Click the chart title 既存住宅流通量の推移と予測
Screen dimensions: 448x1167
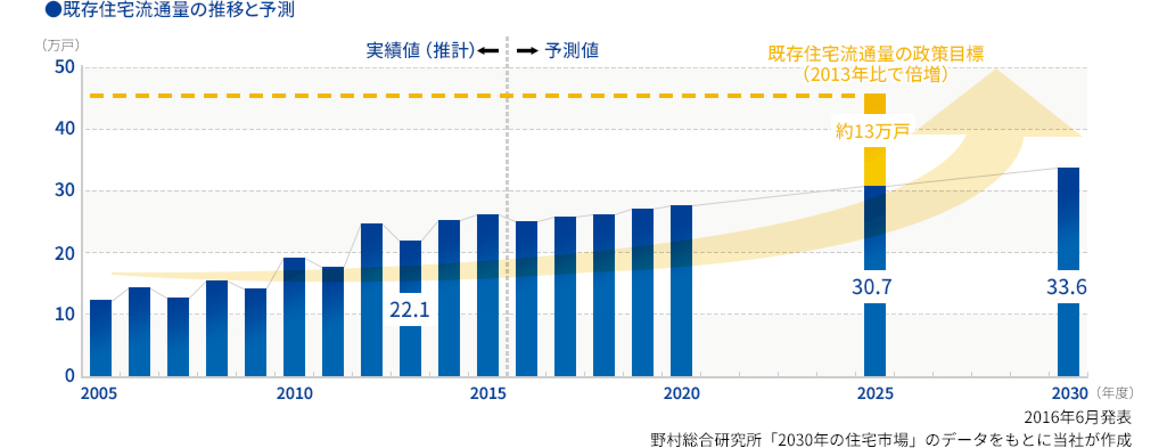[178, 10]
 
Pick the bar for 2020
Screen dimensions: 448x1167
[681, 291]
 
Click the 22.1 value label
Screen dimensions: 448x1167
[409, 310]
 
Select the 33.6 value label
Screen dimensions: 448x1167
[1066, 287]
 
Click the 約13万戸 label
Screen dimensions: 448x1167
[873, 132]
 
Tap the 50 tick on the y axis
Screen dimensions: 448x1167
[65, 67]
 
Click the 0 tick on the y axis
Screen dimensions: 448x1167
[69, 376]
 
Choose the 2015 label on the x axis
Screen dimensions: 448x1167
[488, 394]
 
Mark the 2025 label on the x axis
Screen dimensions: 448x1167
[875, 394]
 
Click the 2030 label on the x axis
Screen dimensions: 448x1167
[1068, 394]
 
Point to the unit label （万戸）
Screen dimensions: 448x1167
[60, 45]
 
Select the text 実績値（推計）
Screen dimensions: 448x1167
[420, 51]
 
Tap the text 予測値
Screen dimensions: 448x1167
[572, 51]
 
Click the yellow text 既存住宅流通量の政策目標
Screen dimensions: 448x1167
[876, 55]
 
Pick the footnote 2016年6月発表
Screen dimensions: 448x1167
[1077, 418]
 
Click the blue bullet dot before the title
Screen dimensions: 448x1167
[55, 10]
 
